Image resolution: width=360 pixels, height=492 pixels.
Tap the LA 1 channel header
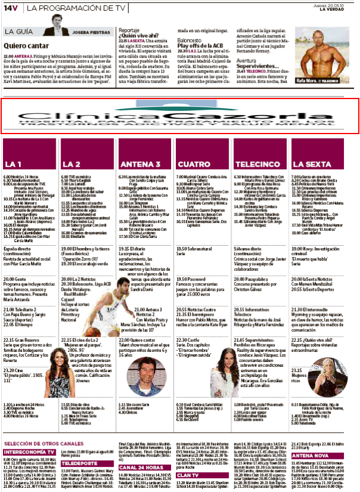pos(14,163)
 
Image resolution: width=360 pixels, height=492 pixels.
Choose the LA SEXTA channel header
pos(308,163)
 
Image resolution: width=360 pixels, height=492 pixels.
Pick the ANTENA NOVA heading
pos(308,455)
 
